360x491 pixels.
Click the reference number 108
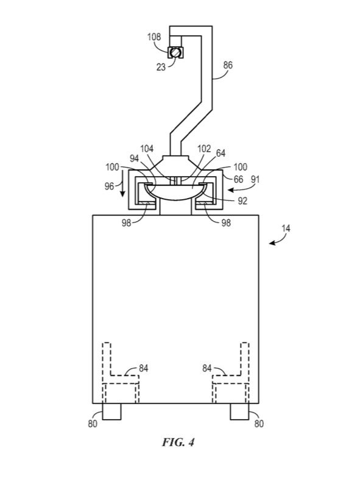tap(154, 37)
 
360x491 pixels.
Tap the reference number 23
tap(161, 67)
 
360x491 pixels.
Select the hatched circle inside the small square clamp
tap(175, 52)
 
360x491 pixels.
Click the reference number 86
tap(228, 65)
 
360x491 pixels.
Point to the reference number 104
tap(147, 149)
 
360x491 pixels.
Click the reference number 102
tap(204, 149)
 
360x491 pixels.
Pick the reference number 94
tap(134, 158)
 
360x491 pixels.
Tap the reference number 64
tap(221, 153)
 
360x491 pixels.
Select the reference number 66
tap(238, 179)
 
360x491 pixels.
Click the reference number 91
tap(255, 180)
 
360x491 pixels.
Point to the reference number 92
tap(242, 200)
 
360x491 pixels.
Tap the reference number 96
tap(109, 186)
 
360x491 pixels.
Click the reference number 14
tap(286, 228)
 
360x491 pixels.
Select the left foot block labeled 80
tap(111, 411)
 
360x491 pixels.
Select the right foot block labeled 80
tap(240, 411)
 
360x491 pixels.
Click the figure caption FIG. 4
tap(178, 442)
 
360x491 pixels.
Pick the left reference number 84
tap(143, 368)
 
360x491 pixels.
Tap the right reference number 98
tap(226, 222)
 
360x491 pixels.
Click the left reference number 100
tap(112, 167)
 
